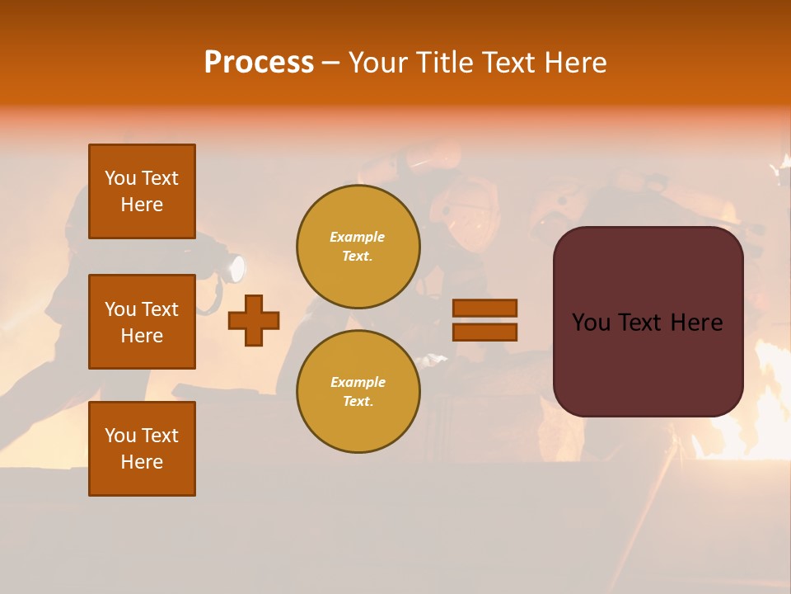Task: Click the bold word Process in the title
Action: [x=259, y=63]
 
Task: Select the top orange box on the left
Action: [x=142, y=191]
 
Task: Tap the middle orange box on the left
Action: [x=142, y=322]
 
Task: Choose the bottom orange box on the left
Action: [x=142, y=448]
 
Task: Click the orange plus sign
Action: [x=254, y=320]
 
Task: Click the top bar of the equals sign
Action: [x=484, y=308]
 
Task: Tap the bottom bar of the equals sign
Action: [x=484, y=332]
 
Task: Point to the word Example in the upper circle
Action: [x=358, y=237]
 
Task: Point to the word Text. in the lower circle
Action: [x=358, y=401]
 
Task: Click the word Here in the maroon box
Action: [x=696, y=323]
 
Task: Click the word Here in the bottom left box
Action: [x=142, y=462]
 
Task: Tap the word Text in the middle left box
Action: [x=160, y=309]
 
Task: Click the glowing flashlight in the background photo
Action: [x=236, y=268]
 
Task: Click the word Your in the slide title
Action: [x=375, y=63]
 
